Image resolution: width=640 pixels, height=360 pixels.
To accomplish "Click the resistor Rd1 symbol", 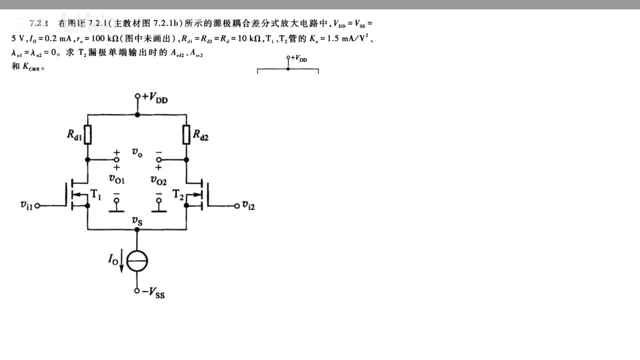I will tap(87, 134).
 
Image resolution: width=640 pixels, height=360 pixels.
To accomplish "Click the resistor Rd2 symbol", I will tap(186, 134).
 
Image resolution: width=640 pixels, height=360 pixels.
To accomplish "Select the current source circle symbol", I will tap(137, 261).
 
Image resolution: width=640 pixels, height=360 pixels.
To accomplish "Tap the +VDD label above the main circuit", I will tap(155, 98).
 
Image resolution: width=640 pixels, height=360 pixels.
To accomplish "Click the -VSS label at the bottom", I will tap(153, 293).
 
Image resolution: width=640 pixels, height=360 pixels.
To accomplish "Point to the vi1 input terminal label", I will tap(26, 204).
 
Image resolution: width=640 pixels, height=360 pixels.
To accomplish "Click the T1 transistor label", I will tap(95, 194).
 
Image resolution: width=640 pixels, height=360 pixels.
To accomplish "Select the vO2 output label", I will tap(158, 180).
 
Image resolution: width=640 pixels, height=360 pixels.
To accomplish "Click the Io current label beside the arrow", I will tap(113, 259).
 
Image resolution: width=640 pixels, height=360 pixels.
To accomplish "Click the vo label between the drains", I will tap(137, 152).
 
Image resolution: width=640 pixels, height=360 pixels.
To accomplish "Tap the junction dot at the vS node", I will tap(137, 229).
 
